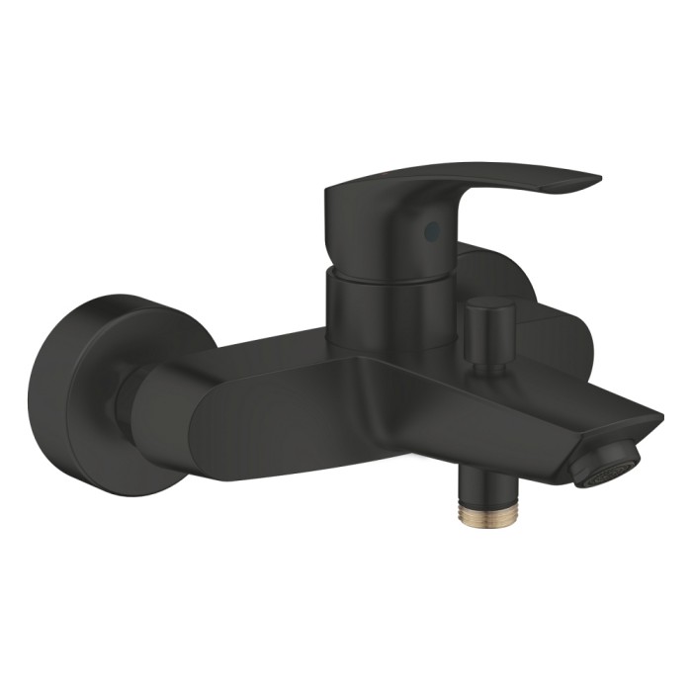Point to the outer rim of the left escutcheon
pyautogui.click(x=40, y=395)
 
